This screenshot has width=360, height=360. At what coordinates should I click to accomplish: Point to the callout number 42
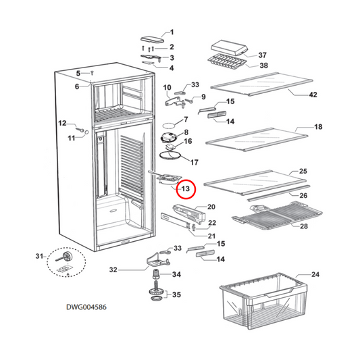[x=312, y=95]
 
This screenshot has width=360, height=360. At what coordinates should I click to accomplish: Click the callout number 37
[x=263, y=55]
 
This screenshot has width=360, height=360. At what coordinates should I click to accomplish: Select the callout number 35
[x=177, y=294]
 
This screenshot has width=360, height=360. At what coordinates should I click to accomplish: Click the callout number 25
[x=303, y=172]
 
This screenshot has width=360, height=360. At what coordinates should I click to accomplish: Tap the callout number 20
[x=211, y=207]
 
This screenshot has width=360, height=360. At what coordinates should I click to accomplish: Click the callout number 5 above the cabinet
[x=78, y=73]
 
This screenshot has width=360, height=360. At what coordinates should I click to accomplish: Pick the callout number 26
[x=303, y=196]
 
